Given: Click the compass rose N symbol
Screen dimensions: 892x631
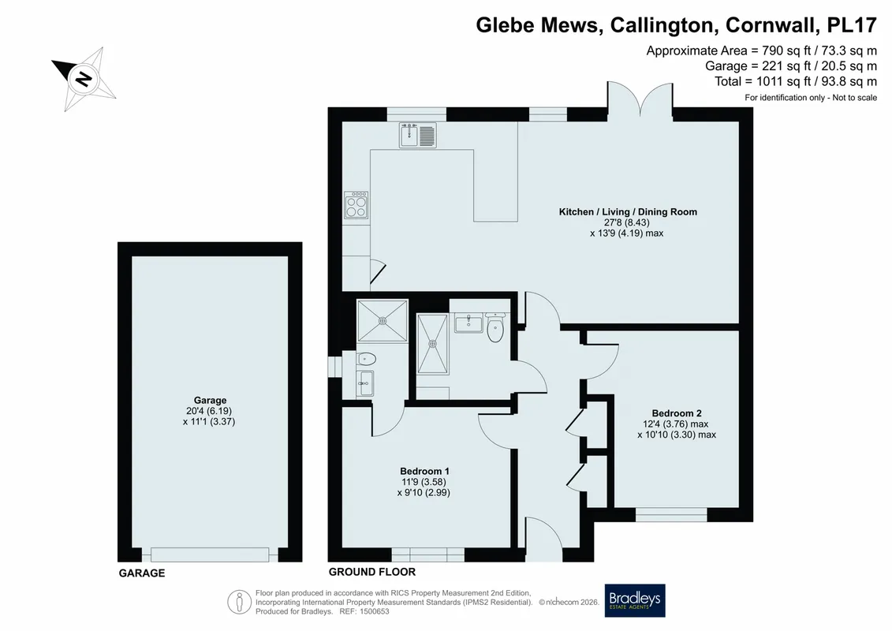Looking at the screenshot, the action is tap(84, 78).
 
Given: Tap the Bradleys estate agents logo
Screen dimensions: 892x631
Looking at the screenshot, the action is tap(634, 600).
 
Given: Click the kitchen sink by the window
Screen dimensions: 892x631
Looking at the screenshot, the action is tap(417, 135).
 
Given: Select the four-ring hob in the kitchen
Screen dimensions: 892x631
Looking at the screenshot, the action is tap(356, 205).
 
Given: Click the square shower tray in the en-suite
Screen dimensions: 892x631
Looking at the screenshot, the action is tap(383, 321).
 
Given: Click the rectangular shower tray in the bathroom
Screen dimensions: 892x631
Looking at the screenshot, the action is tap(432, 344).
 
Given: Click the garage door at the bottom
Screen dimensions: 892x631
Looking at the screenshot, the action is tap(209, 554).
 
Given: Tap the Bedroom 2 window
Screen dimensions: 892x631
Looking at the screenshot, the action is tap(671, 514).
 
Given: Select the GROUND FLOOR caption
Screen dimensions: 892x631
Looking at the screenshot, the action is tap(372, 572).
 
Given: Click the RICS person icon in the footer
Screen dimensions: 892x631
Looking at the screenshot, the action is tap(240, 602).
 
